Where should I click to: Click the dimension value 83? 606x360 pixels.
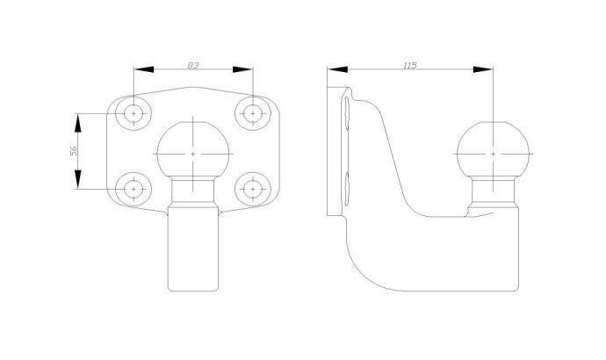(193, 65)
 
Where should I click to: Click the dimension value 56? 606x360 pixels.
(74, 151)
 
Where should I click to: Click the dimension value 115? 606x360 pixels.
(409, 65)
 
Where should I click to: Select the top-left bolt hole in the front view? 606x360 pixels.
(133, 113)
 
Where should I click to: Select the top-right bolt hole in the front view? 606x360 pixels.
(253, 113)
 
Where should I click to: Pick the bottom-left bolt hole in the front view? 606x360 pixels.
(133, 189)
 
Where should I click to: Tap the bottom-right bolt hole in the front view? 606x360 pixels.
(253, 189)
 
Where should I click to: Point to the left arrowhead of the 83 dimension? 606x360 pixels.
(143, 69)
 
